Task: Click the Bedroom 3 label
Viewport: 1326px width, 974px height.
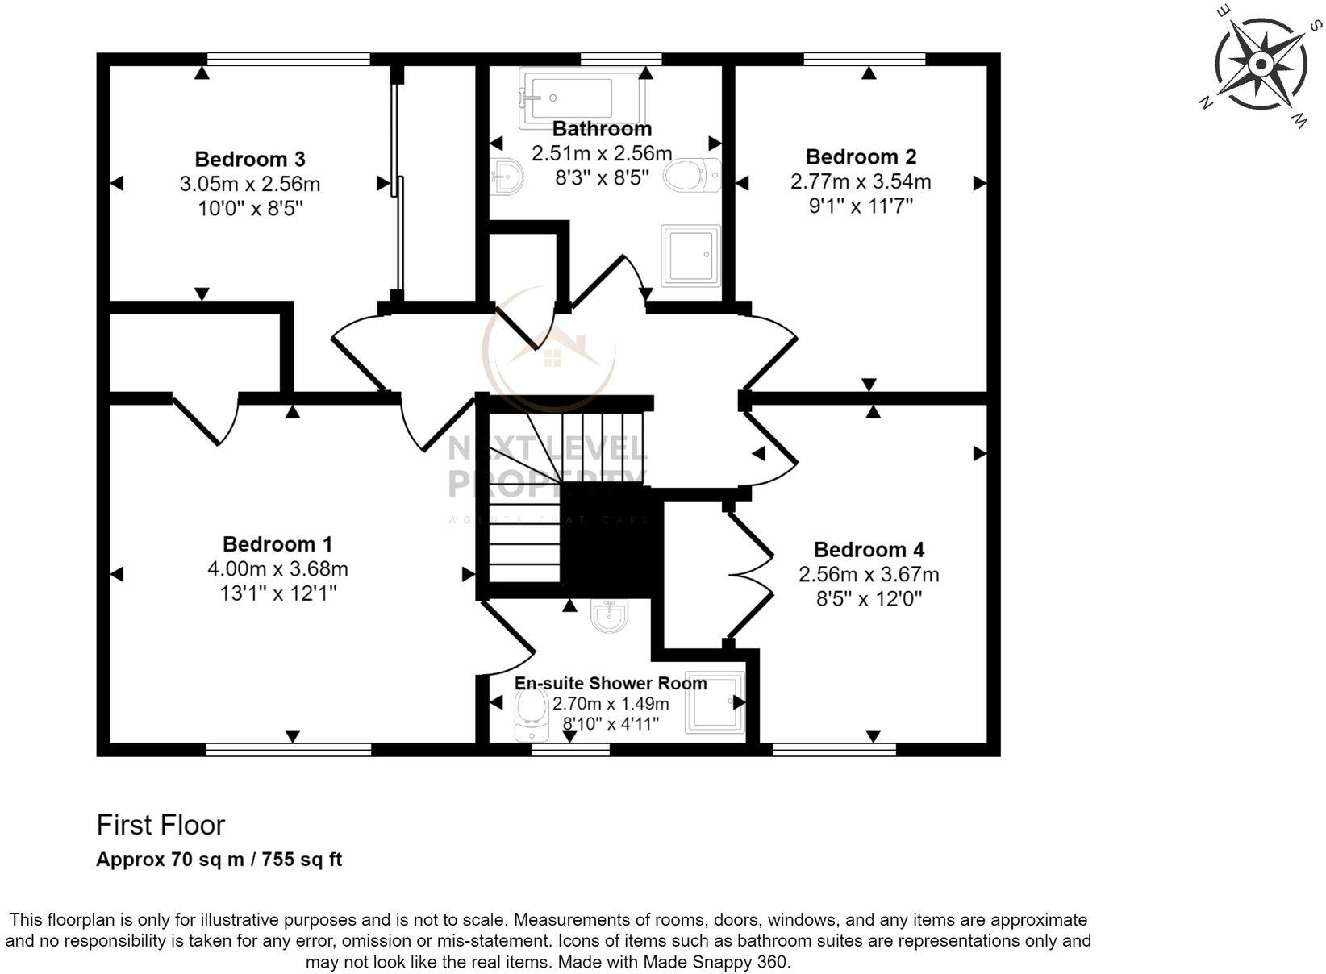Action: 250,159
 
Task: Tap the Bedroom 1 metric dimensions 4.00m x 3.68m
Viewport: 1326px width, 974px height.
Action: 277,569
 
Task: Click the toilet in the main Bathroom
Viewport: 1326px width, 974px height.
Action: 693,175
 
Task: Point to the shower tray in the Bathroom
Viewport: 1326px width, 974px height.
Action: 690,256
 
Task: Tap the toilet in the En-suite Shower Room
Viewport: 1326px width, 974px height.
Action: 532,714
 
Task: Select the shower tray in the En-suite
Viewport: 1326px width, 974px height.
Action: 715,702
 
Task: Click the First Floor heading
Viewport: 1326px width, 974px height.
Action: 161,825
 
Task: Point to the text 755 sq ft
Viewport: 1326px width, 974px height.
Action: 302,860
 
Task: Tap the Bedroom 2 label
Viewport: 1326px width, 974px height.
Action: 861,156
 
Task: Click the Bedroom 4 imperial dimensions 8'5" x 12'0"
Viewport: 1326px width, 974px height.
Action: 869,599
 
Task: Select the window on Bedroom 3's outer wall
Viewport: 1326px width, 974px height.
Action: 288,59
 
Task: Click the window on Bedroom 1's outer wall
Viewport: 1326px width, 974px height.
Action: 288,750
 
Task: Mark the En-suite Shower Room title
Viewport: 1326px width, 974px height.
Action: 611,683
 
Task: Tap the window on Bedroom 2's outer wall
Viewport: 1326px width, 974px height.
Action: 864,59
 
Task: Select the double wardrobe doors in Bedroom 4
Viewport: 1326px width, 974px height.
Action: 751,575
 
